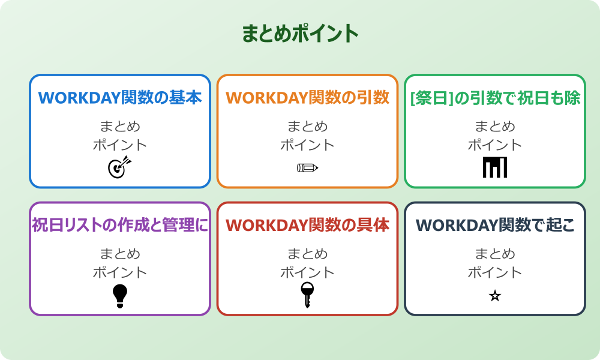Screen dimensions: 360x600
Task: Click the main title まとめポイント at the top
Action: tap(300, 34)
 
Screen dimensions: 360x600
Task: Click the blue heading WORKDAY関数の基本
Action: tap(120, 98)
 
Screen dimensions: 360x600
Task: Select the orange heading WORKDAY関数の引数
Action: tap(307, 98)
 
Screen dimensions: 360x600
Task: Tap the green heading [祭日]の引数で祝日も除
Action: tap(495, 98)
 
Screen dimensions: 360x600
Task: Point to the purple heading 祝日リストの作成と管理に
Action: tap(120, 226)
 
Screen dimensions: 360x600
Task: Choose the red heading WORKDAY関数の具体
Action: tap(307, 226)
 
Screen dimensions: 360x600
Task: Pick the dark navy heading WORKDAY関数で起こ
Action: tap(495, 226)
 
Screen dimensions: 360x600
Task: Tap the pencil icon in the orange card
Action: tap(307, 167)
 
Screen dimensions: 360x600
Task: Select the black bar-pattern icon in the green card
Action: tap(495, 167)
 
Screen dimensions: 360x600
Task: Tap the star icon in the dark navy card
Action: tap(495, 296)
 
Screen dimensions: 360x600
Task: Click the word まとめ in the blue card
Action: tap(120, 127)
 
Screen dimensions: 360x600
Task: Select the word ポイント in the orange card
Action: tap(307, 145)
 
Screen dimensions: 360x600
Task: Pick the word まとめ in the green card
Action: tap(495, 127)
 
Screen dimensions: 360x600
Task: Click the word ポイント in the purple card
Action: tap(120, 273)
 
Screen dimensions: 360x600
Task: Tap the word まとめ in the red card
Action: tap(307, 254)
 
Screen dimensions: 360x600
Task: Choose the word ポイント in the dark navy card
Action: tap(495, 273)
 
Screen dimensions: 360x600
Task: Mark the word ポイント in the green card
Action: tap(495, 145)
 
